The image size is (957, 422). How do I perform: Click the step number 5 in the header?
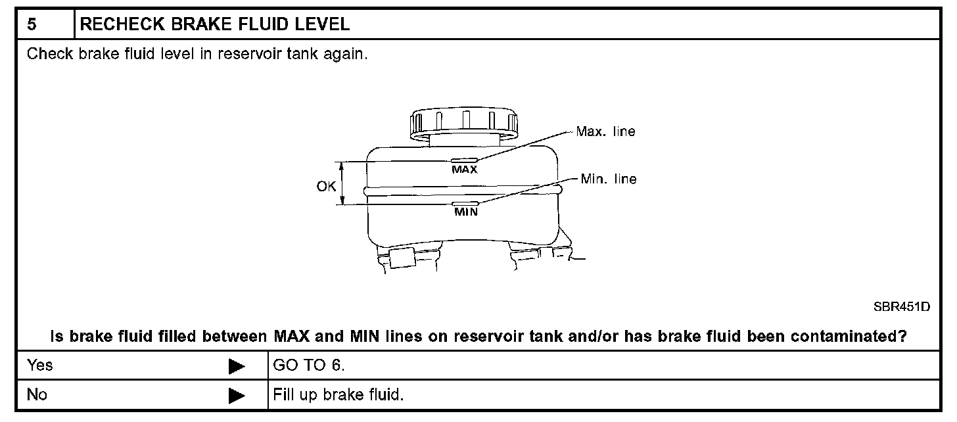pos(32,25)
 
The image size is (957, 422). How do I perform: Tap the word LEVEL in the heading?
pos(323,25)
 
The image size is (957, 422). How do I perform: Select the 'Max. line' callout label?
pos(605,131)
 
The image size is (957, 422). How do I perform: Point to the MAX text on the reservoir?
pos(464,169)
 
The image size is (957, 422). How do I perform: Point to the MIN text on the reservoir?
pos(465,213)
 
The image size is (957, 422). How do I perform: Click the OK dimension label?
pos(326,186)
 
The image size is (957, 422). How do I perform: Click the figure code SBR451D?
pos(902,307)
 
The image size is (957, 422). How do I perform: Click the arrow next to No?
pos(237,396)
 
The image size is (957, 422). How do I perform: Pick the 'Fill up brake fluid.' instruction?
pos(337,395)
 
